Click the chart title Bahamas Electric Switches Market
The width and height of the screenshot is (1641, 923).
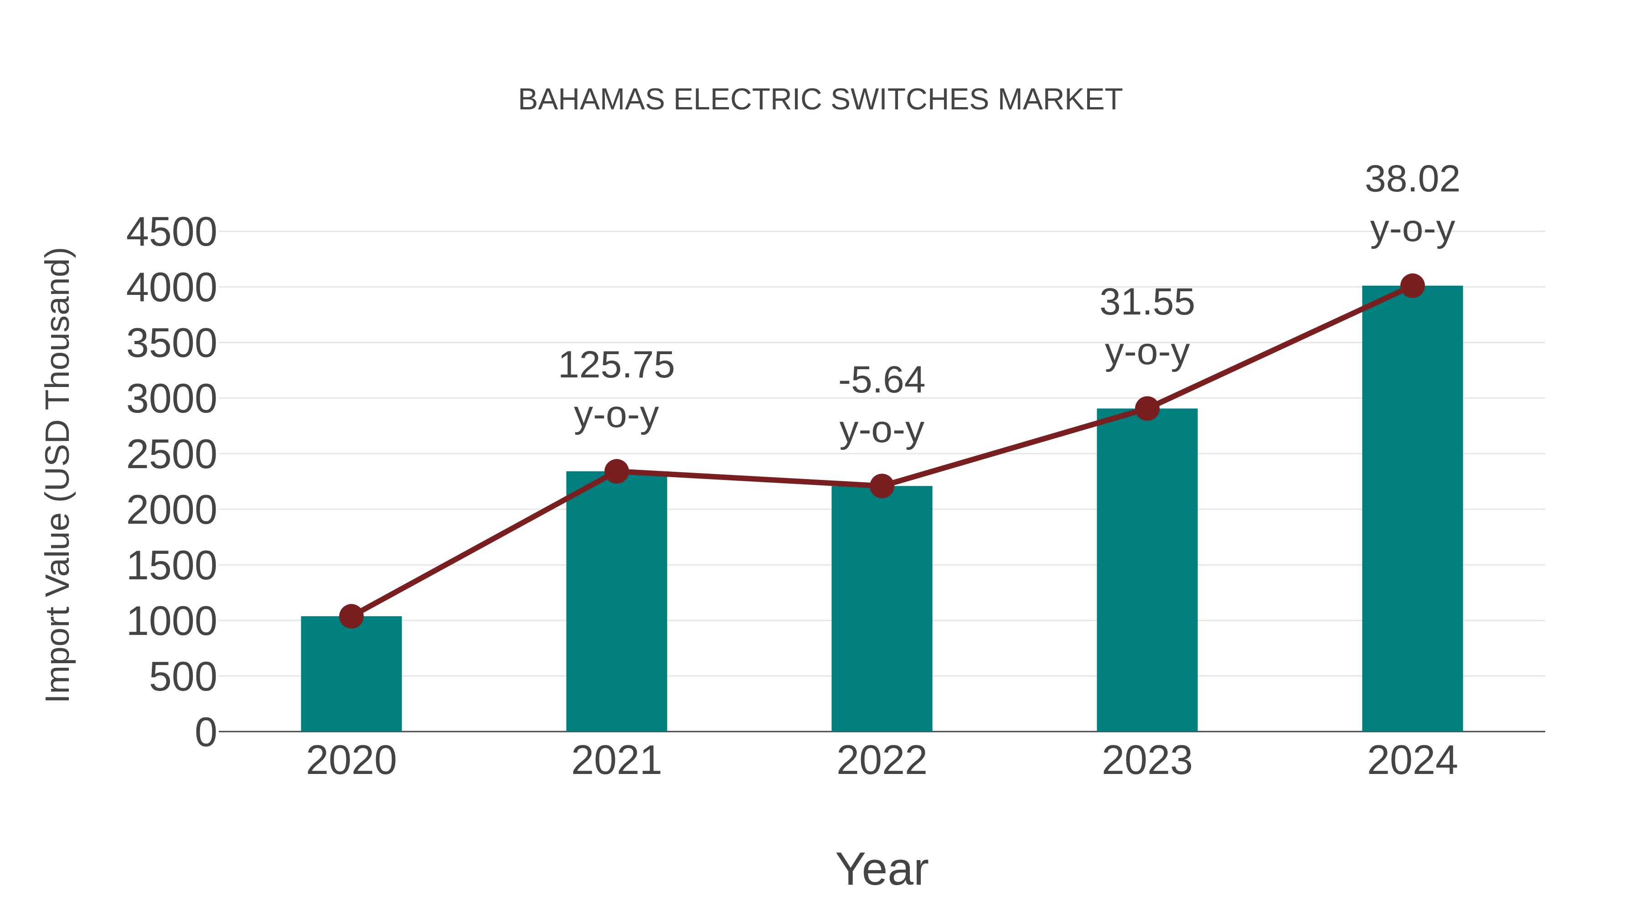click(x=820, y=100)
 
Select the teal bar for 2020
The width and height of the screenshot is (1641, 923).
click(x=351, y=675)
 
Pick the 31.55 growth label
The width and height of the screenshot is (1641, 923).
click(x=1147, y=303)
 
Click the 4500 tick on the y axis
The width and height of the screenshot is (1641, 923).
click(x=171, y=232)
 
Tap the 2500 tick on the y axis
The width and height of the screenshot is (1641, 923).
click(x=171, y=455)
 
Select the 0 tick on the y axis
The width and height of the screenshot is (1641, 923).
click(x=205, y=732)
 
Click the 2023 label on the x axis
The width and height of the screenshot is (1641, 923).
click(x=1147, y=761)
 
